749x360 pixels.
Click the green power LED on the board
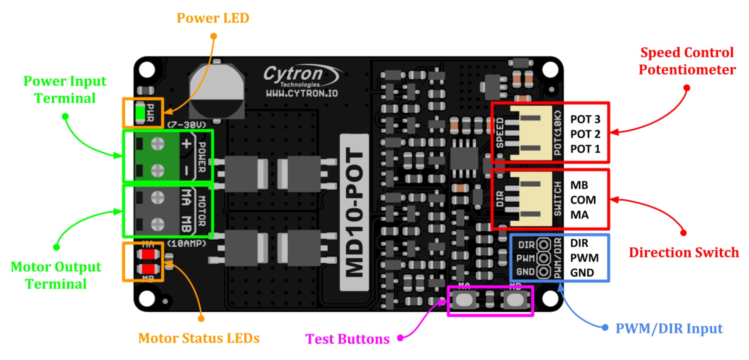[x=140, y=113]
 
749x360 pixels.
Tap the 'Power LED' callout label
[x=213, y=18]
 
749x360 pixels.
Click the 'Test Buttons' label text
[x=347, y=339]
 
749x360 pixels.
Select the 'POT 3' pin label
[x=585, y=119]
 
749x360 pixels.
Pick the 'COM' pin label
[x=583, y=200]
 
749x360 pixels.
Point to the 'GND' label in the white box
[x=581, y=273]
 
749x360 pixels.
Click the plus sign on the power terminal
[x=186, y=144]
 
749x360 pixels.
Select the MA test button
[x=464, y=300]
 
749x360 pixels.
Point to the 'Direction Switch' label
[x=683, y=252]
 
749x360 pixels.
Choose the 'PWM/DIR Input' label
[x=669, y=329]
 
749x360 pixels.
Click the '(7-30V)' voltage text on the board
[x=187, y=125]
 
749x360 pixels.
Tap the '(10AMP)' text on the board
[x=187, y=243]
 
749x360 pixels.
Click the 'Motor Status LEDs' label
[x=199, y=338]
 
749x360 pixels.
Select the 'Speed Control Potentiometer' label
[x=687, y=61]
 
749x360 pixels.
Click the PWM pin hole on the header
[x=543, y=258]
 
